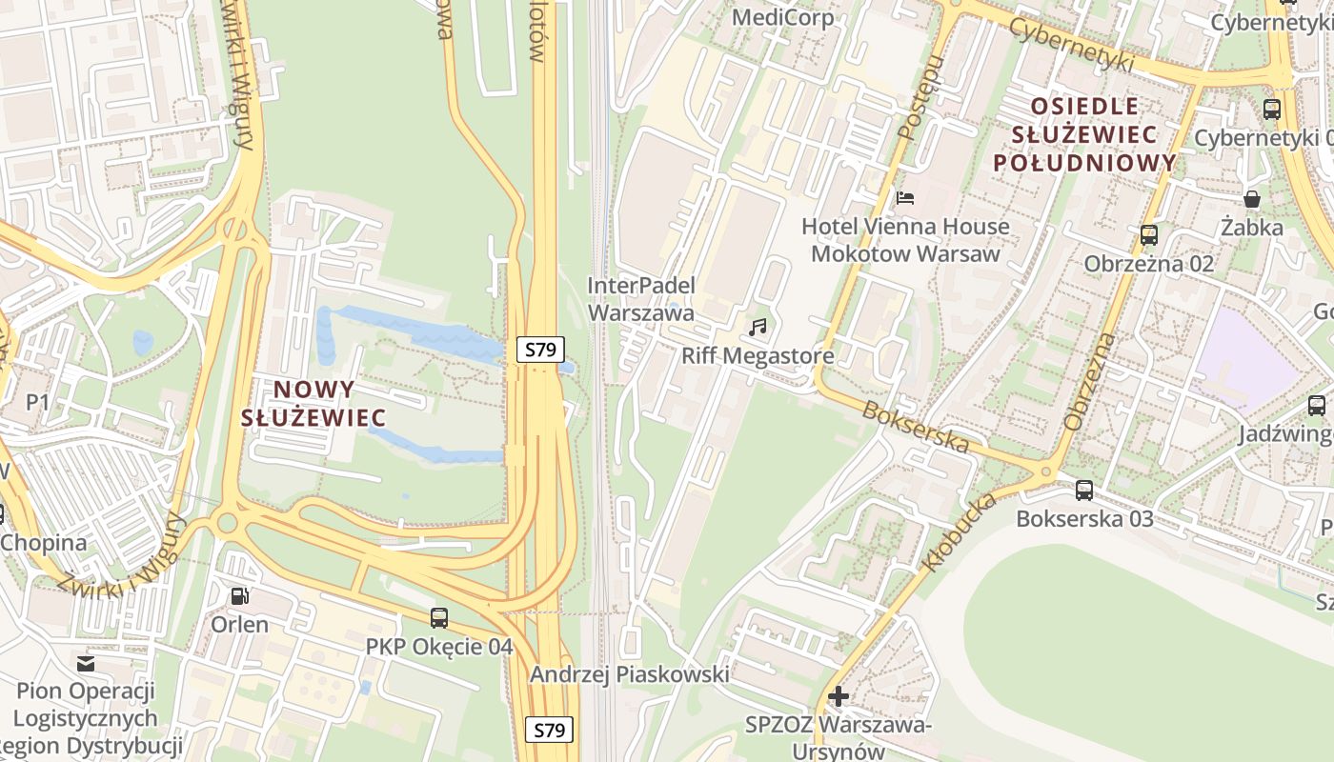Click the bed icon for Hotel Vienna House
pos(905,198)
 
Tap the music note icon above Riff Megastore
pos(758,328)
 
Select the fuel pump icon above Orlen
pos(240,596)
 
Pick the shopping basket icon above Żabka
pos(1252,199)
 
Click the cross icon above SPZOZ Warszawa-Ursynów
pos(839,696)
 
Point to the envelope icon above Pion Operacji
pos(86,663)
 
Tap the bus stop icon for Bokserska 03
pos(1084,491)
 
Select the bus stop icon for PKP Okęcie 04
pos(438,618)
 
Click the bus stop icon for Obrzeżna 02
pos(1149,234)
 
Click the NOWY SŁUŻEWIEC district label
pos(313,403)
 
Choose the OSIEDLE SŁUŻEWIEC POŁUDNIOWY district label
pos(1085,133)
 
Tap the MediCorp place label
pos(782,17)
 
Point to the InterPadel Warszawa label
pos(641,298)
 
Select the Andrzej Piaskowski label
pos(629,674)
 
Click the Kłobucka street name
pos(959,532)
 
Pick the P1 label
pos(37,402)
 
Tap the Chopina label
pos(43,543)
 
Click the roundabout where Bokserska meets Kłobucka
pos(1045,471)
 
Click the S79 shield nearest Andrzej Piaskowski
pos(550,731)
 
